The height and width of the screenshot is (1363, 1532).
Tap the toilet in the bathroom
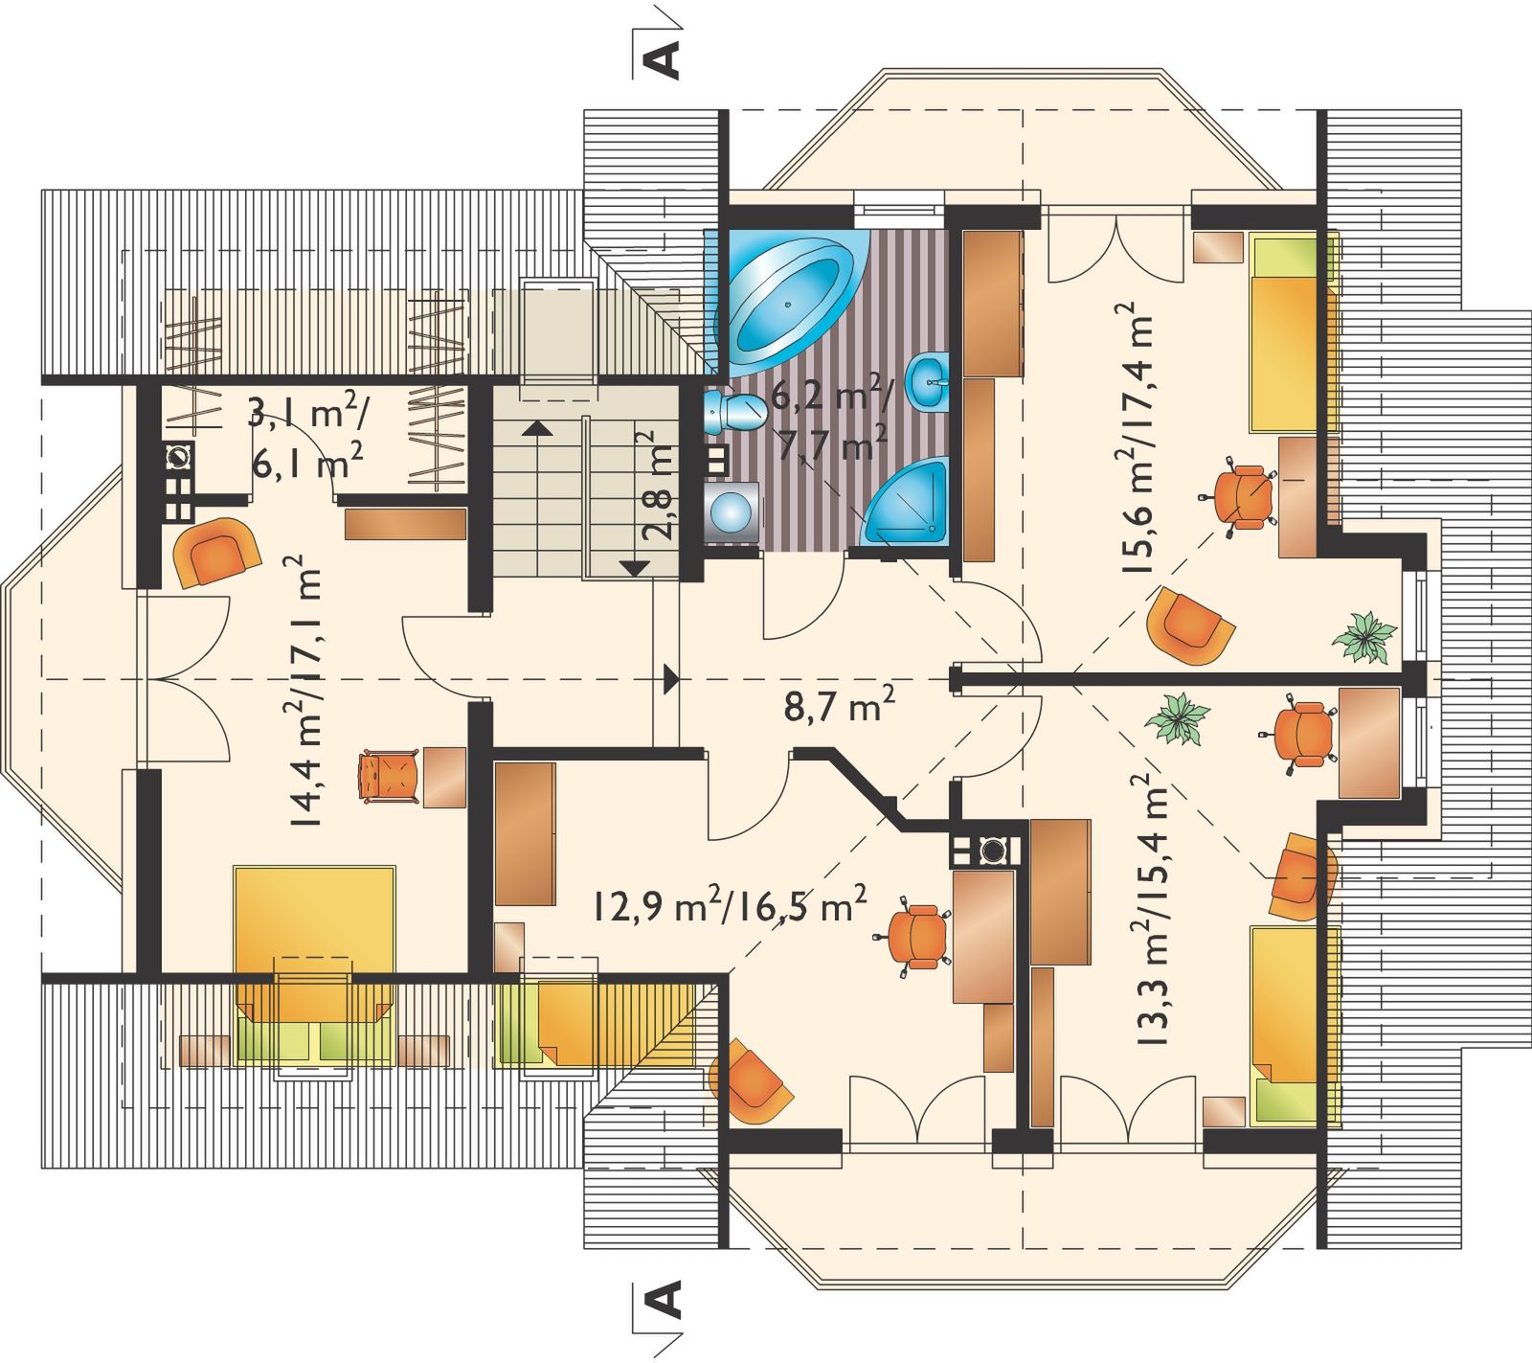(x=733, y=412)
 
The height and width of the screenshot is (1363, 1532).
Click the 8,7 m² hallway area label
(x=840, y=710)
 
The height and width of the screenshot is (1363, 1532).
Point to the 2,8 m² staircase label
(x=657, y=487)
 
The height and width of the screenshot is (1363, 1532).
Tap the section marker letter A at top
(x=665, y=58)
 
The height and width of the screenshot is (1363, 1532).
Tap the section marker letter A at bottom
(x=665, y=1300)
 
